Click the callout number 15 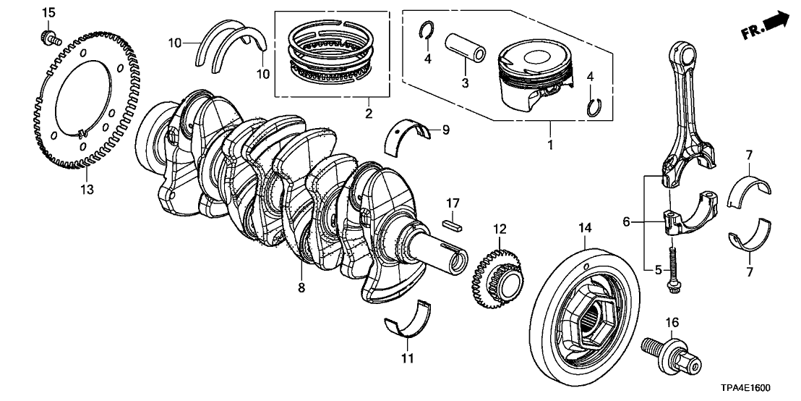coord(48,12)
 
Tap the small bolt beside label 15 coord(49,35)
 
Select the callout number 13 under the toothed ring coord(87,190)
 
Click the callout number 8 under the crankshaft coord(301,287)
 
